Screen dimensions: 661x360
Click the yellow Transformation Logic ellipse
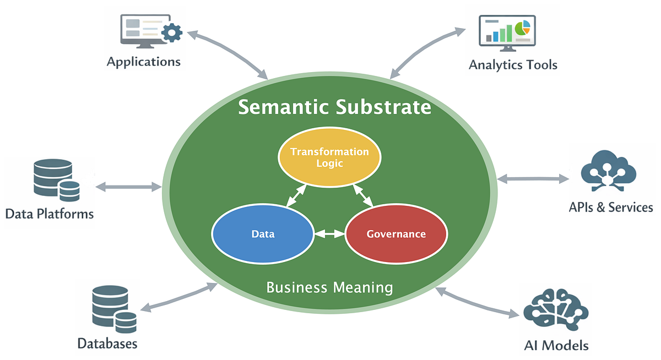tap(329, 157)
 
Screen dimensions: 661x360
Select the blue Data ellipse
tap(263, 233)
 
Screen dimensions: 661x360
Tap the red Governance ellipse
tap(396, 233)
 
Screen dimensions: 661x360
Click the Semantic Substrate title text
tap(335, 107)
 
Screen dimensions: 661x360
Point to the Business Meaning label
tap(329, 287)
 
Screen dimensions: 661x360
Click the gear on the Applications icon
tap(172, 32)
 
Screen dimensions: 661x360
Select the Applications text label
tap(144, 62)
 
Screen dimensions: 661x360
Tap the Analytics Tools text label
tap(513, 65)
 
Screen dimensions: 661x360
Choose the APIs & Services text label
tap(610, 208)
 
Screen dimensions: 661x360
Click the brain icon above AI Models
tap(556, 309)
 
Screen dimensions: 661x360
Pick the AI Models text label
tap(556, 345)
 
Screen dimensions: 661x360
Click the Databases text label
tap(107, 344)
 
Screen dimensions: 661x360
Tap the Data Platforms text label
tap(50, 214)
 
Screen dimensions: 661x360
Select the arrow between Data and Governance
tap(329, 234)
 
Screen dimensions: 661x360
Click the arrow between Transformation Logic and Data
tap(296, 195)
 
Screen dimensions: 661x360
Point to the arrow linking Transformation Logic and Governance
tap(363, 195)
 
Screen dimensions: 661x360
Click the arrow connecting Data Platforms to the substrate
tap(128, 187)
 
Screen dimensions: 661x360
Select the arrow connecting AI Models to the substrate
tap(477, 303)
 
